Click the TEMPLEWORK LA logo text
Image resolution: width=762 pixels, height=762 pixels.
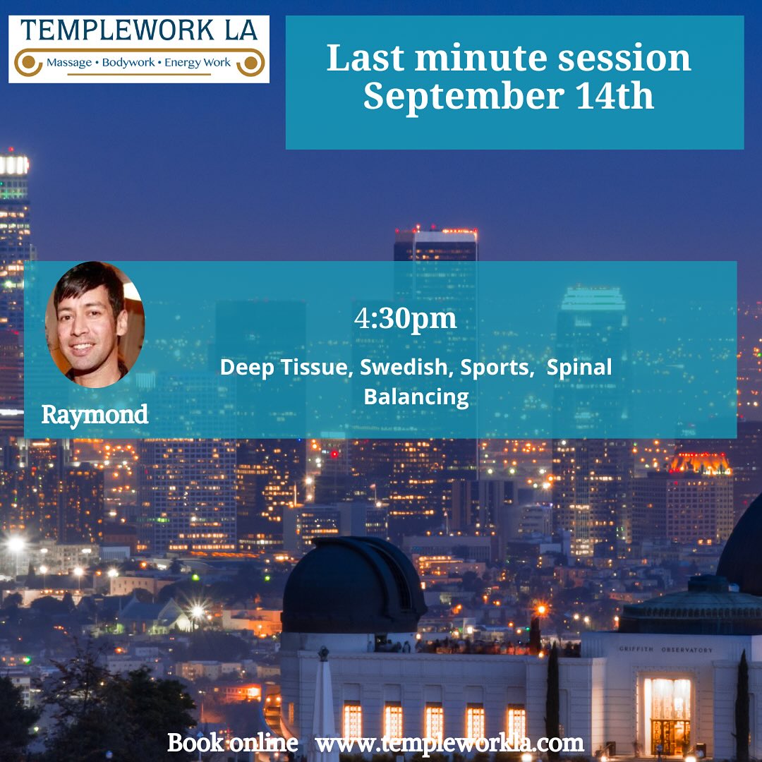point(139,30)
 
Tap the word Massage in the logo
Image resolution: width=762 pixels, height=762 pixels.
point(69,63)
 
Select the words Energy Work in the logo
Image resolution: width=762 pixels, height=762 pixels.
point(198,63)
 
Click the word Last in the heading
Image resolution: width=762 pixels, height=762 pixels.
point(365,58)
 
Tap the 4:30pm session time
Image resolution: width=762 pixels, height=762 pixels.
point(405,319)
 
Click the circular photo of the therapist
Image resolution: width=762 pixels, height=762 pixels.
point(95,324)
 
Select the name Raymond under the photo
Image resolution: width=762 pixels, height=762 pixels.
point(95,415)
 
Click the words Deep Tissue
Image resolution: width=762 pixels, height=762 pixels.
point(285,368)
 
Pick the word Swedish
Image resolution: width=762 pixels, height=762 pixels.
point(404,368)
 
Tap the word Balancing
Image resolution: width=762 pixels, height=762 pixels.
point(416,397)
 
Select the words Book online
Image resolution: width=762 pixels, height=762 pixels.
point(233,742)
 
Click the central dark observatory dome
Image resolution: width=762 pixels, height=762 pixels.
point(353,585)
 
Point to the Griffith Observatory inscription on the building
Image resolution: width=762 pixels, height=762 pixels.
point(666,649)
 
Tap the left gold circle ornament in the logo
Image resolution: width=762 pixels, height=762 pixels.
point(29,63)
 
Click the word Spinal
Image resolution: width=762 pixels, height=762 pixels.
point(579,368)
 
